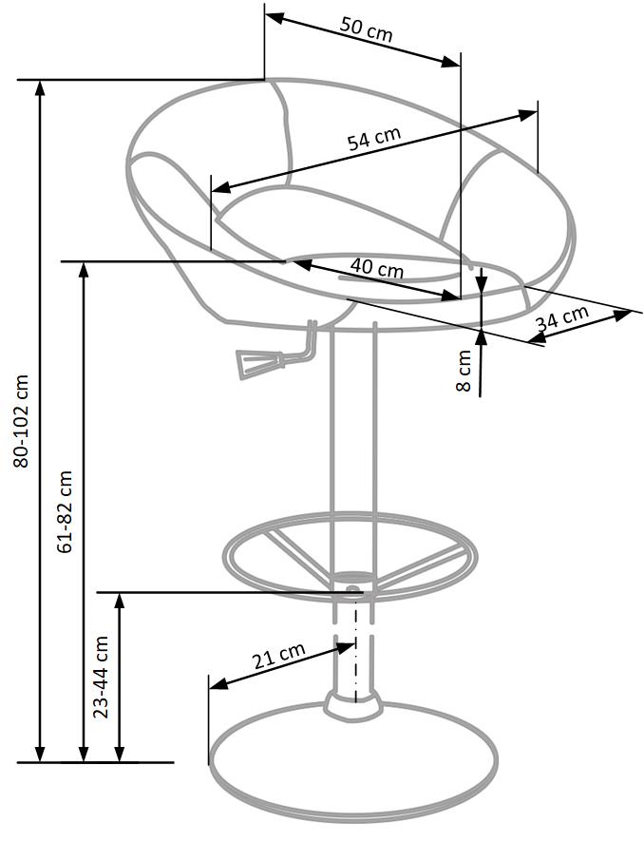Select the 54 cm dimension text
(373, 139)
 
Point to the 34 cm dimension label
(562, 318)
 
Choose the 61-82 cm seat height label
(66, 511)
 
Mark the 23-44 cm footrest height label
(103, 676)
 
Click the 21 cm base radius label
(277, 658)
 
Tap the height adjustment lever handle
(253, 363)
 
